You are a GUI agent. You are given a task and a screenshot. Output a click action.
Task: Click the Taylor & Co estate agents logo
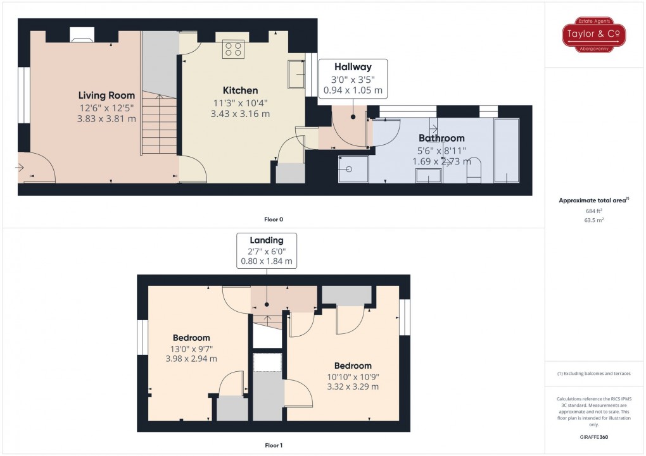coord(593,35)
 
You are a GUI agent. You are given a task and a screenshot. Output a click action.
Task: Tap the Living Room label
coord(106,96)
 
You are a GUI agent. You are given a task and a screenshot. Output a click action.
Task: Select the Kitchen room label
coord(240,90)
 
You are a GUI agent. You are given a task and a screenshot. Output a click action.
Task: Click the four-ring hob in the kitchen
coord(233,49)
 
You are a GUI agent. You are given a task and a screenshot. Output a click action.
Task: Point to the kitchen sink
coord(296,74)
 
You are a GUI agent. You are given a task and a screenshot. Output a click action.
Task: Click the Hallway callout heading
coord(353,66)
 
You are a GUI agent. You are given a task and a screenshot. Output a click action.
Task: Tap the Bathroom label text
coord(441,138)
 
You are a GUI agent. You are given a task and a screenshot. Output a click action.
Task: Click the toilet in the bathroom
coord(474,170)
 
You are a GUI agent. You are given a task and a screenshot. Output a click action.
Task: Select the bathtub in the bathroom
coord(506,151)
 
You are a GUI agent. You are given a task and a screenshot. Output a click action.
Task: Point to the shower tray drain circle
coord(350,169)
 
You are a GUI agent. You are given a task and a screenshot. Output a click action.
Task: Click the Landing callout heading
coord(267,240)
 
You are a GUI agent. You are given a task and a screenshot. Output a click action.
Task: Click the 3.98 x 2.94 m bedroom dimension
coord(191,359)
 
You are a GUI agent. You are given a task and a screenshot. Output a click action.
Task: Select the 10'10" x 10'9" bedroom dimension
coord(353,376)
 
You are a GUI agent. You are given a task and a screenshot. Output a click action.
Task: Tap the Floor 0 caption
coord(274,219)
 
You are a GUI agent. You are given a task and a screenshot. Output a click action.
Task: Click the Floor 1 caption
coord(274,445)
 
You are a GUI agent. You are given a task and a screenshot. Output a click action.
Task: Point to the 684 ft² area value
coord(593,211)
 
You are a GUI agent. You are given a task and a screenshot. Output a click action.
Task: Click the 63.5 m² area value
coord(593,220)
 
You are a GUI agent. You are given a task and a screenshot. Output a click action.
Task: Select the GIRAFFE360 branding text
coord(593,437)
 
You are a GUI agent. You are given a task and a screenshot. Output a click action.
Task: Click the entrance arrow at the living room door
coord(20,168)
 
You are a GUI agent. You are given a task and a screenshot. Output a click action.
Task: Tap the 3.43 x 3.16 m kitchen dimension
coord(240,114)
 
